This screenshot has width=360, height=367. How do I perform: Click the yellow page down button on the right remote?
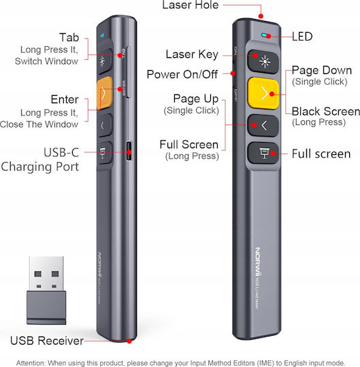tap(263, 93)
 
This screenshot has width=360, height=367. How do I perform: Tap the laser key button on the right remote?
tap(263, 61)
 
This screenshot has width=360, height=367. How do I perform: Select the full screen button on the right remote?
tap(263, 153)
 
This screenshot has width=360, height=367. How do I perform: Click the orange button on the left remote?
tap(104, 93)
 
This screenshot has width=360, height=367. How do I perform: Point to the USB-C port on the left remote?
tap(129, 151)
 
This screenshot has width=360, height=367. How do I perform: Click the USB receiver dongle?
tap(46, 290)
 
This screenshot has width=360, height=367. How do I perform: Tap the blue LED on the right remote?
tap(264, 35)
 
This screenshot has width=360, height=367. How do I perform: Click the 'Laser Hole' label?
tap(191, 5)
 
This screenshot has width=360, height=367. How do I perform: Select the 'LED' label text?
tap(302, 37)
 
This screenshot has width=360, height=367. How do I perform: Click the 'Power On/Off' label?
tap(182, 75)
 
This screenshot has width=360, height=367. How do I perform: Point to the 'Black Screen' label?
tap(326, 111)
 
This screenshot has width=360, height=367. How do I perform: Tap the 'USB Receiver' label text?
tap(47, 340)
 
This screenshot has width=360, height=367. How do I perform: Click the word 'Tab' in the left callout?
tap(69, 37)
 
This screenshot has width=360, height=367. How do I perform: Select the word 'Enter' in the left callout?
tap(65, 99)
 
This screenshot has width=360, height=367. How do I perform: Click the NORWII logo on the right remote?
tap(257, 261)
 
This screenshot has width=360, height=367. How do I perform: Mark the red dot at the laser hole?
tap(261, 16)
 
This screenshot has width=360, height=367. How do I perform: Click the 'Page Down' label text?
tap(322, 70)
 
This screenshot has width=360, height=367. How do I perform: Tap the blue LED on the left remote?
tap(102, 35)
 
